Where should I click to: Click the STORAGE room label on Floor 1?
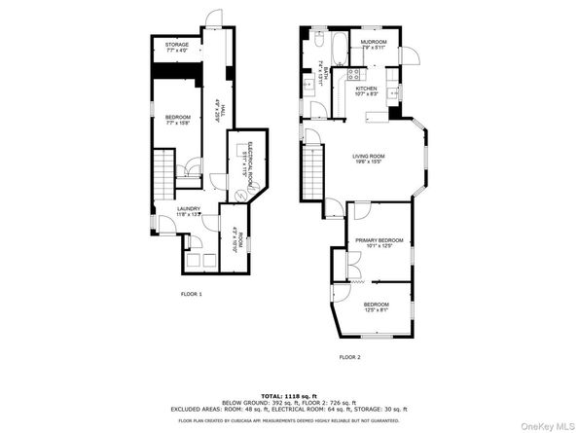click(x=176, y=46)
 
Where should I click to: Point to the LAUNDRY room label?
click(x=189, y=210)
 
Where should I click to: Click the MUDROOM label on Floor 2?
click(x=375, y=44)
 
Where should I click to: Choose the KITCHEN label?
click(x=366, y=90)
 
